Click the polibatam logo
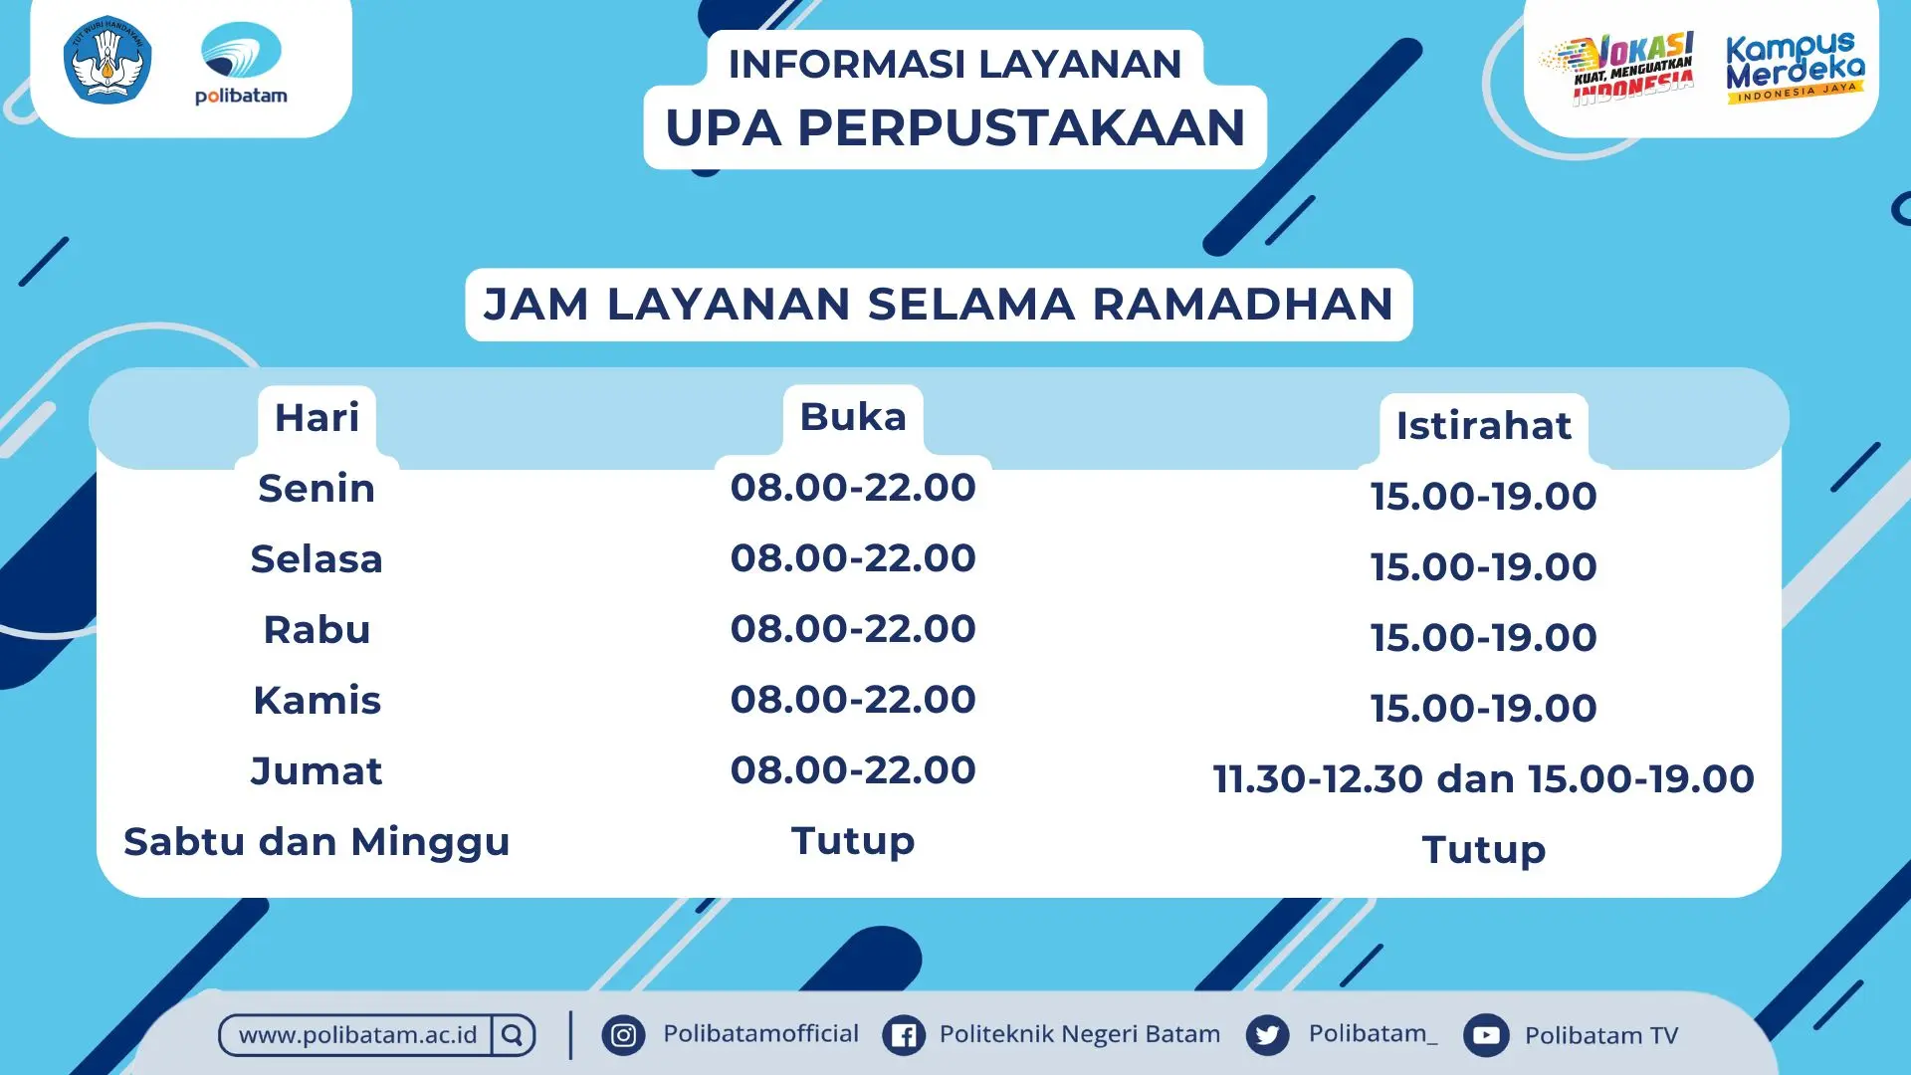pos(241,63)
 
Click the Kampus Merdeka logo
pos(1795,68)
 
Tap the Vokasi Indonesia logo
pos(1616,68)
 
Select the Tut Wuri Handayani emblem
pos(107,60)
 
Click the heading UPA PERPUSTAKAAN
pos(955,127)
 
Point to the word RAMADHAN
pos(1243,304)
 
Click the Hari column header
pos(317,417)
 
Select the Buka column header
pos(853,416)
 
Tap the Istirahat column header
pos(1483,425)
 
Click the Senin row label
pos(317,488)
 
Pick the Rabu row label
pos(317,629)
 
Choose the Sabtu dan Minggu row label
pos(317,842)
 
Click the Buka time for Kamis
pos(853,699)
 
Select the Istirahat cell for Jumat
pos(1483,778)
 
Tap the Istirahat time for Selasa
pos(1483,566)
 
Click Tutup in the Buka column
pos(853,841)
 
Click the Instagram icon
pos(624,1035)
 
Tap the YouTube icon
pos(1486,1035)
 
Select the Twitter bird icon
pos(1267,1035)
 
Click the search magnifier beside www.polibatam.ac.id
pos(513,1035)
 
